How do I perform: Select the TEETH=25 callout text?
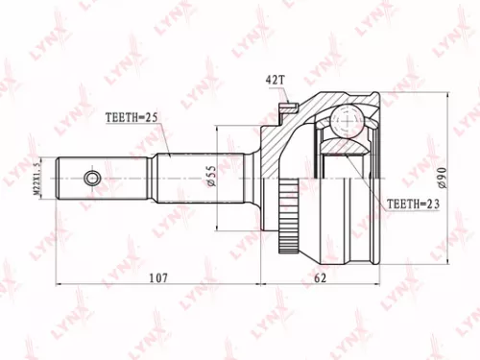coord(132,117)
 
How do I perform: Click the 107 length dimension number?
coord(159,277)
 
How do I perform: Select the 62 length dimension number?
coord(322,277)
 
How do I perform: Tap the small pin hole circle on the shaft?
coord(92,177)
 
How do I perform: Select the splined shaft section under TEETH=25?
coord(181,177)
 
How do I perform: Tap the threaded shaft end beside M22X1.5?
coord(67,177)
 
